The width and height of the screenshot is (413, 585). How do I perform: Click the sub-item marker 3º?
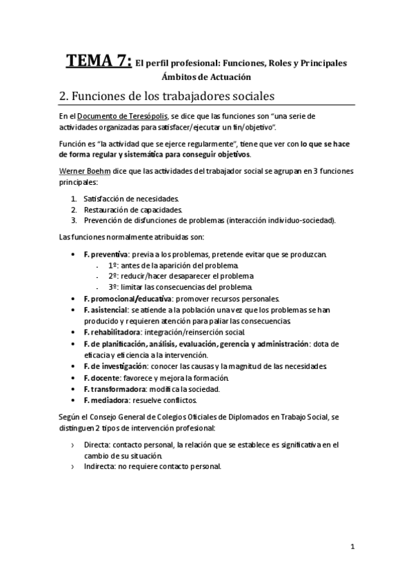(x=113, y=287)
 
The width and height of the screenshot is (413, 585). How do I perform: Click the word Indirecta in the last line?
(x=99, y=467)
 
